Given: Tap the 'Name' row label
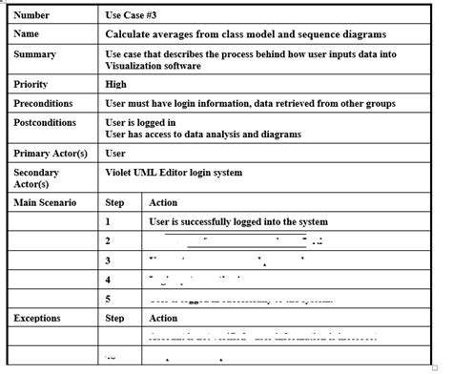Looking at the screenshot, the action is point(27,34).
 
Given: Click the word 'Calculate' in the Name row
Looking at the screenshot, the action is point(132,34).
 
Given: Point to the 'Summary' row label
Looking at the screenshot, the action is point(34,54).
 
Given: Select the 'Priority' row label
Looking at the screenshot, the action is point(31,85).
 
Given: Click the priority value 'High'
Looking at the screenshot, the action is point(115,85).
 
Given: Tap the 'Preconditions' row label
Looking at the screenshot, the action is point(44,103).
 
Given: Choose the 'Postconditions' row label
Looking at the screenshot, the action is point(46,122).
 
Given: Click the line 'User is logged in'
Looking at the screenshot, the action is point(140,123).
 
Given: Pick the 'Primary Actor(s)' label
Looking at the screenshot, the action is point(51,154).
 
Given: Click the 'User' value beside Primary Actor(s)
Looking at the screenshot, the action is point(115,153).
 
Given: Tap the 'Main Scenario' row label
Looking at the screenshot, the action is point(44,202).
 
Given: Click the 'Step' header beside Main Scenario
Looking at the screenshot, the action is point(114,202).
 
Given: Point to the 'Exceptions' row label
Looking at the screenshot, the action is point(38,318).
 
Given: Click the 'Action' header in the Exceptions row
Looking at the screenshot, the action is point(164,318).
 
